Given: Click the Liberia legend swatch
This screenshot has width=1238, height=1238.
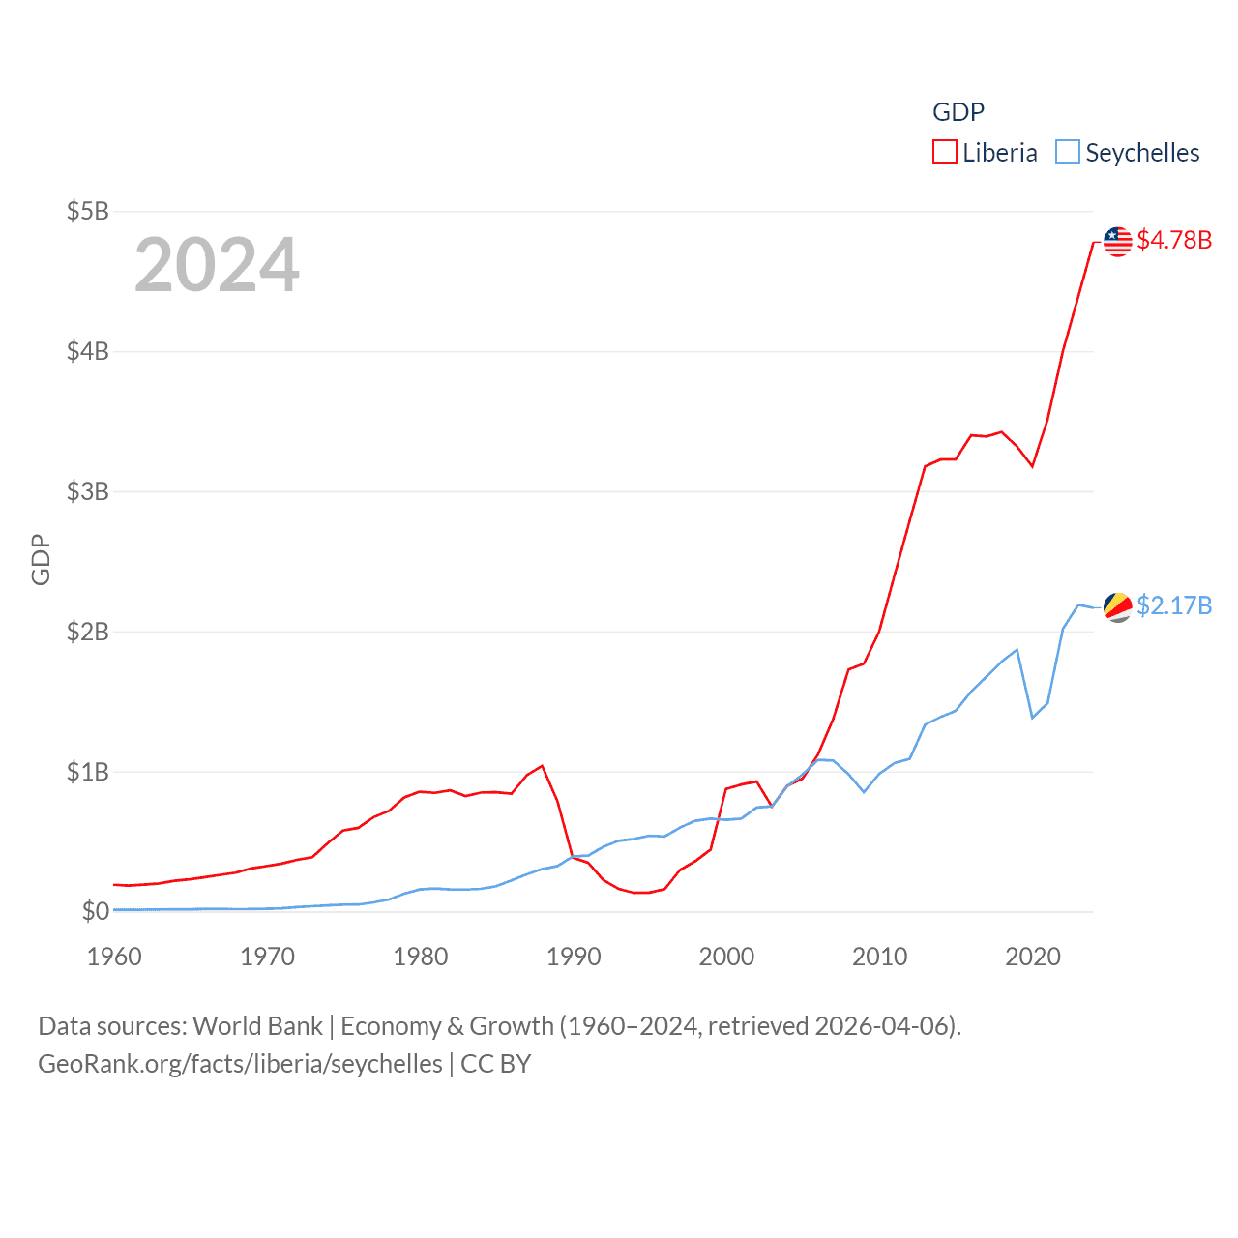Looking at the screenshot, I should coord(944,153).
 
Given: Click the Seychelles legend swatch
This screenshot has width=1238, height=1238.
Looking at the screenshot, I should coord(1067,153).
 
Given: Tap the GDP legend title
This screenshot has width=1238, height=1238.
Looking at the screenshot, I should coord(958,112).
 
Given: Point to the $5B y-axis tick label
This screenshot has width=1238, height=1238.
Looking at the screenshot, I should coord(87,211).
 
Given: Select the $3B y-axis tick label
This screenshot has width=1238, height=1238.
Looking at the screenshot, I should coord(87,491).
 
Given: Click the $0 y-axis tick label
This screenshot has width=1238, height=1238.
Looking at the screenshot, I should coord(95,911).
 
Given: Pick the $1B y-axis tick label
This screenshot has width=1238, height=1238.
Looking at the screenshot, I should coord(87,772).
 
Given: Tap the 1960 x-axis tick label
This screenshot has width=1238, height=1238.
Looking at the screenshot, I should coord(114,957).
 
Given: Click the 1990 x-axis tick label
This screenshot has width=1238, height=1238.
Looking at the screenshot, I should coord(574,957).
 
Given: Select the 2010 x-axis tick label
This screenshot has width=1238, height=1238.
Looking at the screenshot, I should coord(879,957).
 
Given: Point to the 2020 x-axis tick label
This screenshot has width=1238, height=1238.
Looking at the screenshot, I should coord(1033,957).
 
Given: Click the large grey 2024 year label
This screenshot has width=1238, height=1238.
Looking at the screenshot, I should coord(217,265).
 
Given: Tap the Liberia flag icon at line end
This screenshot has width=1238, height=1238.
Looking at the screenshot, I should coord(1117,241).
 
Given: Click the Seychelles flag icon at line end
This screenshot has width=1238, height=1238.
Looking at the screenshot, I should coord(1117,607).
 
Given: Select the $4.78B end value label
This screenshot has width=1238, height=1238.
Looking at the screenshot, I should coord(1174,240).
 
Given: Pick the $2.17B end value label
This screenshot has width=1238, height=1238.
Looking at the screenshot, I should coord(1174,605).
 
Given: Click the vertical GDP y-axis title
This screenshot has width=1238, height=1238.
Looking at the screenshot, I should coord(41,559).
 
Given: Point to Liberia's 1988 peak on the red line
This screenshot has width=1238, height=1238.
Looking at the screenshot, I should coord(543,766).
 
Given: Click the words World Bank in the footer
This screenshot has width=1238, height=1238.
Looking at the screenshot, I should coord(257,1026).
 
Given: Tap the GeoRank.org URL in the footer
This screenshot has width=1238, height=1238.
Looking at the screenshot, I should coord(240,1064).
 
